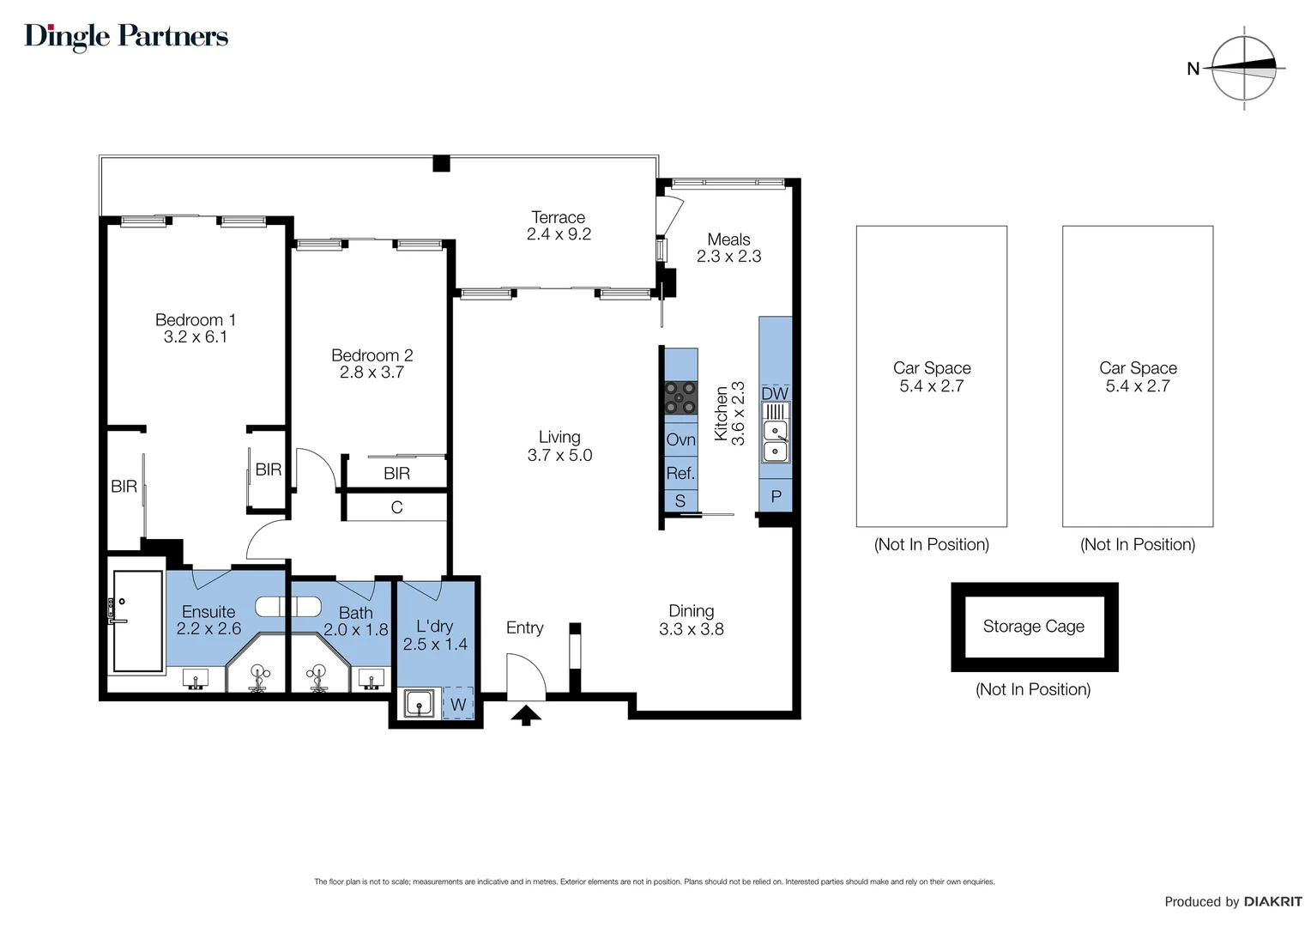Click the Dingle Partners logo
pyautogui.click(x=126, y=36)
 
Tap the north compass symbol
pyautogui.click(x=1244, y=68)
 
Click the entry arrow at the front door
pyautogui.click(x=526, y=714)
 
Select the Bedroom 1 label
pyautogui.click(x=195, y=319)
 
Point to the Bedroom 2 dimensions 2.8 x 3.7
pyautogui.click(x=372, y=373)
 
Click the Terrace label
pyautogui.click(x=558, y=217)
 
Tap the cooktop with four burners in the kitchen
pyautogui.click(x=680, y=397)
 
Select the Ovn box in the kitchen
pyautogui.click(x=680, y=439)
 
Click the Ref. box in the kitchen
pyautogui.click(x=680, y=473)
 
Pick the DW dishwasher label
pyautogui.click(x=775, y=393)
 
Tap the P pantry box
pyautogui.click(x=776, y=496)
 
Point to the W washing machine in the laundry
pyautogui.click(x=458, y=705)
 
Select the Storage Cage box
pyautogui.click(x=1034, y=627)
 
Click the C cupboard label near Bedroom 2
pyautogui.click(x=396, y=507)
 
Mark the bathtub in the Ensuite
pyautogui.click(x=137, y=621)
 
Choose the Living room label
pyautogui.click(x=559, y=437)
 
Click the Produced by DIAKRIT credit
pyautogui.click(x=1232, y=901)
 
